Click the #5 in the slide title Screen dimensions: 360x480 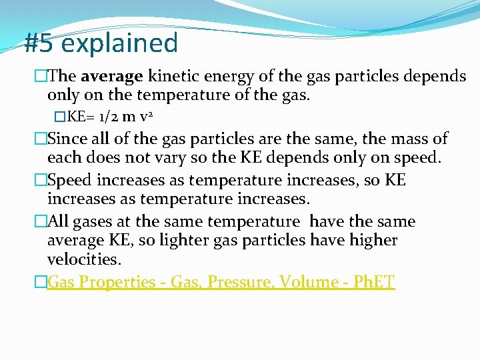point(39,43)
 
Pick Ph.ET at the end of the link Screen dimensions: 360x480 point(373,282)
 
